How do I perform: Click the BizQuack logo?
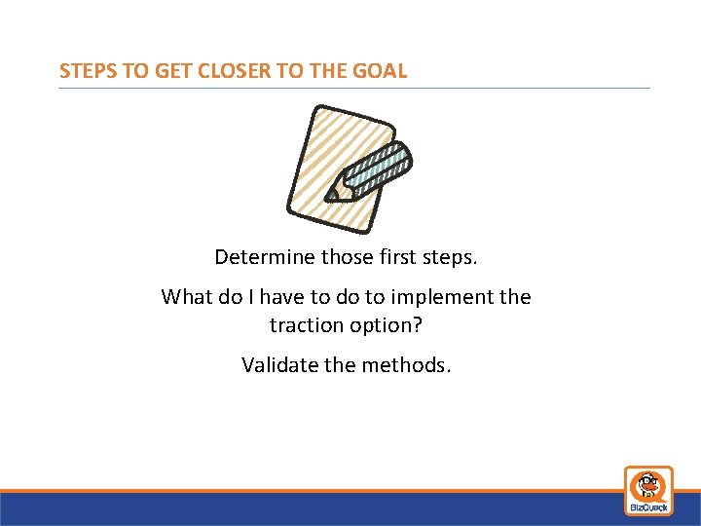click(x=648, y=490)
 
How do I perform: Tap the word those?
click(x=347, y=257)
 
